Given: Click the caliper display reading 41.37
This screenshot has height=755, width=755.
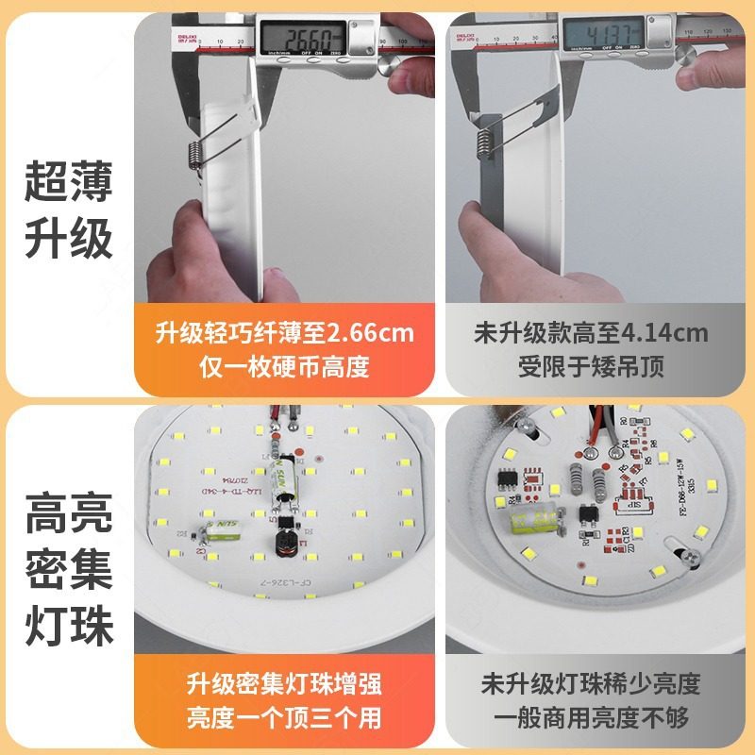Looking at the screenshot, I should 603,37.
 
